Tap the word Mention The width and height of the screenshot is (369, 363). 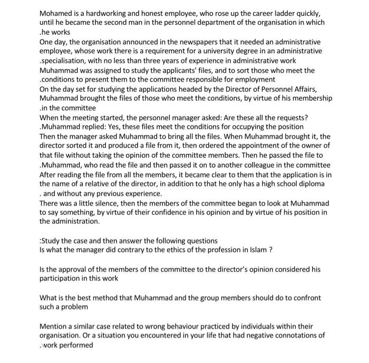pos(54,326)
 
